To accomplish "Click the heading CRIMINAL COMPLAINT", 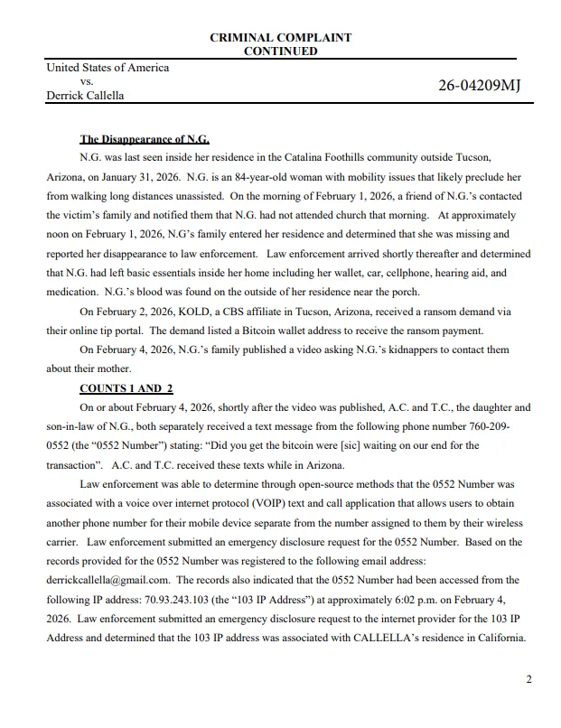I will tap(280, 38).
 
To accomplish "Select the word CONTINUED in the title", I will tap(280, 51).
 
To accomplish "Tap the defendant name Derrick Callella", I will tap(85, 95).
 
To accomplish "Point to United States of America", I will tap(108, 68).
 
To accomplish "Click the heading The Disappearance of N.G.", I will tap(145, 140).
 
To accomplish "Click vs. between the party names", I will tap(88, 81).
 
